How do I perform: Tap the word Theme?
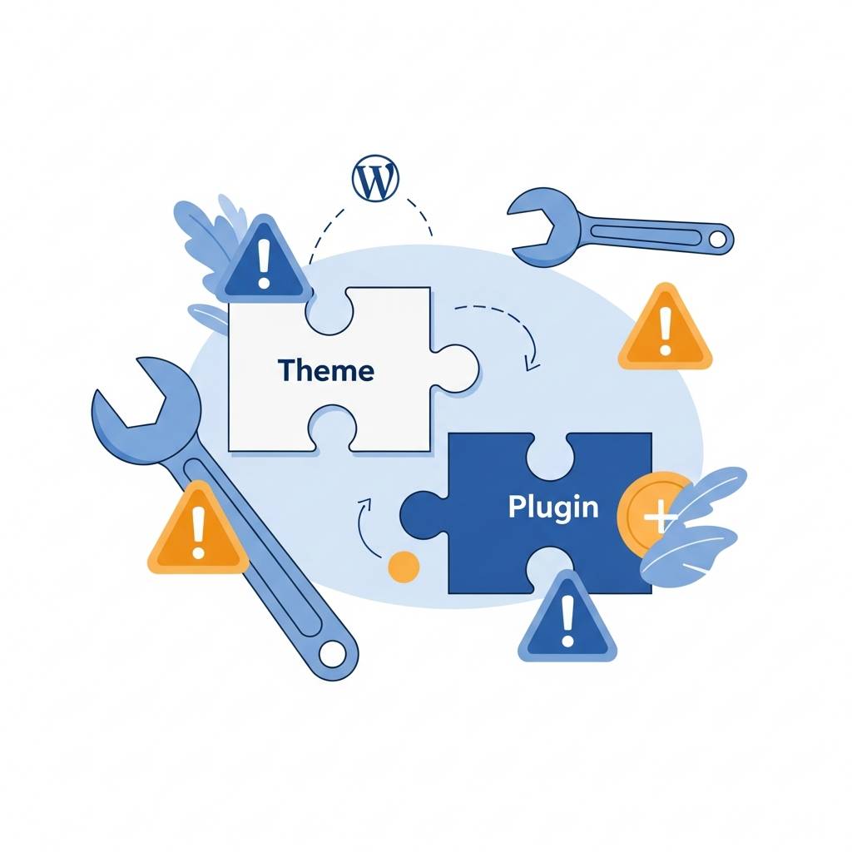point(326,369)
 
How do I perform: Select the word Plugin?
point(553,507)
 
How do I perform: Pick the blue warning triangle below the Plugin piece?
point(567,620)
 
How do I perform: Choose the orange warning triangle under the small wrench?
point(665,331)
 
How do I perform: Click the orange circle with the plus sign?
point(653,516)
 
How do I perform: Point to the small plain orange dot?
point(404,566)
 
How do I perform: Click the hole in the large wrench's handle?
point(334,653)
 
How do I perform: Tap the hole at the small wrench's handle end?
point(716,239)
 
